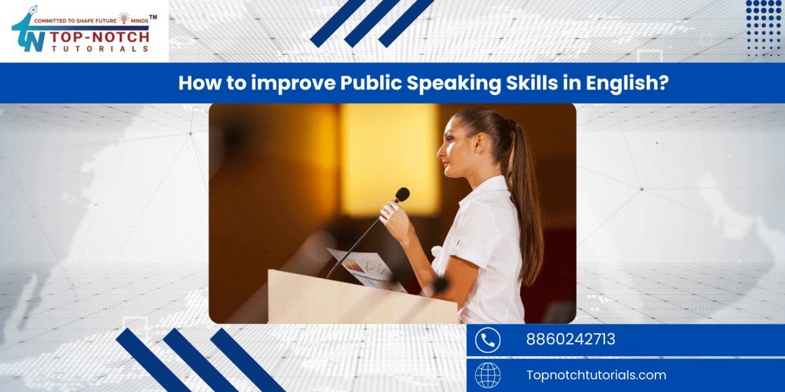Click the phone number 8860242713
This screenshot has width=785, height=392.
pyautogui.click(x=571, y=339)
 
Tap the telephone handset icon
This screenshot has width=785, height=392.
pyautogui.click(x=487, y=340)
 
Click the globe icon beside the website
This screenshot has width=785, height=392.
pyautogui.click(x=487, y=375)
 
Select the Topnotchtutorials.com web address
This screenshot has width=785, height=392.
pyautogui.click(x=596, y=375)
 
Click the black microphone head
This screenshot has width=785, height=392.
pyautogui.click(x=402, y=195)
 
